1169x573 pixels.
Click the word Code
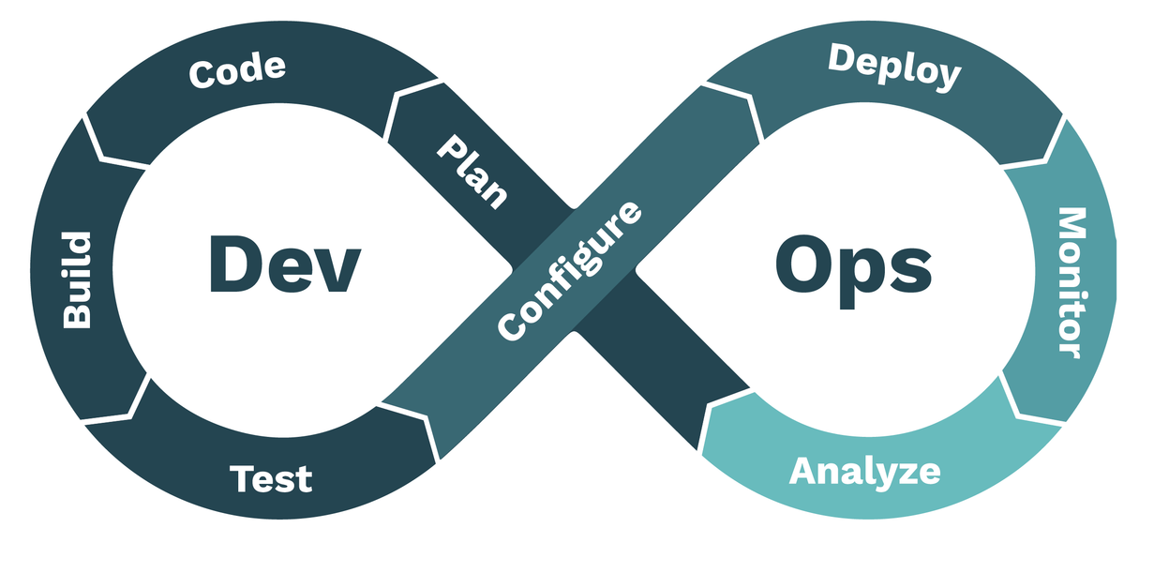click(x=236, y=70)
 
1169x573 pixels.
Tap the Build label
click(x=77, y=279)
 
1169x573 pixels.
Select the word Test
click(x=271, y=478)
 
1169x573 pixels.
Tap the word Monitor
click(x=1070, y=281)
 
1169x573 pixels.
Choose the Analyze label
click(x=864, y=470)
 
